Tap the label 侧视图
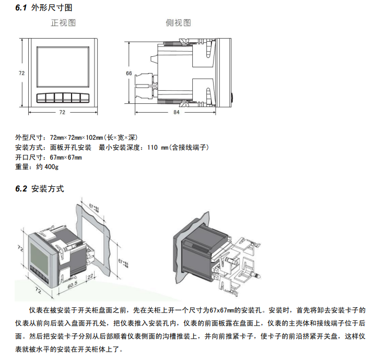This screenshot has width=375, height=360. [x=178, y=23]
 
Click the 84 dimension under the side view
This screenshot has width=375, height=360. [x=176, y=112]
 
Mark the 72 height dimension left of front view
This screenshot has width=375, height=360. [x=22, y=74]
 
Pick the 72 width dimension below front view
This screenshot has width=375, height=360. [x=62, y=112]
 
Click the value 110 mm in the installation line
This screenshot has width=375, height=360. [x=158, y=148]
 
